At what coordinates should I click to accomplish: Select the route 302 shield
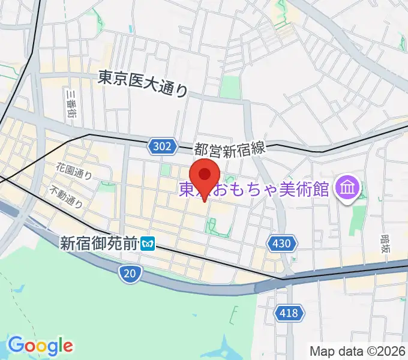(163, 146)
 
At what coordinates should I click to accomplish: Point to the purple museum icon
(347, 189)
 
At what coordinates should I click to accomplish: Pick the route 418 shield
(290, 313)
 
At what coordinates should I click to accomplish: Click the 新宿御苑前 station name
(99, 243)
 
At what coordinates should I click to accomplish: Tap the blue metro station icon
(148, 244)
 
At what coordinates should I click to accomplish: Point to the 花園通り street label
(74, 171)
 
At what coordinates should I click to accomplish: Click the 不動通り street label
(66, 196)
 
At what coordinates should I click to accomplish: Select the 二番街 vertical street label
(71, 104)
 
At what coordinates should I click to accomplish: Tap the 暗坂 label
(385, 245)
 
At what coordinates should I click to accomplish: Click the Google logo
(40, 345)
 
